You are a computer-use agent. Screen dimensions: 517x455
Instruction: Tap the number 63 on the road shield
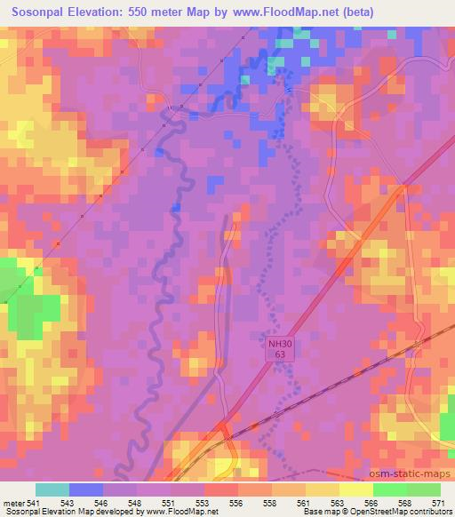(x=279, y=354)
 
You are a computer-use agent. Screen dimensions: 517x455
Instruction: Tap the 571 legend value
(x=440, y=503)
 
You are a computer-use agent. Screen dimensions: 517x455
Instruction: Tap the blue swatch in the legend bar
(x=86, y=489)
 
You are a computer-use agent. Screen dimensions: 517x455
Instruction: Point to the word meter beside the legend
(x=14, y=503)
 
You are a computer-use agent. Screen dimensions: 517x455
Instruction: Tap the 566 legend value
(x=373, y=503)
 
